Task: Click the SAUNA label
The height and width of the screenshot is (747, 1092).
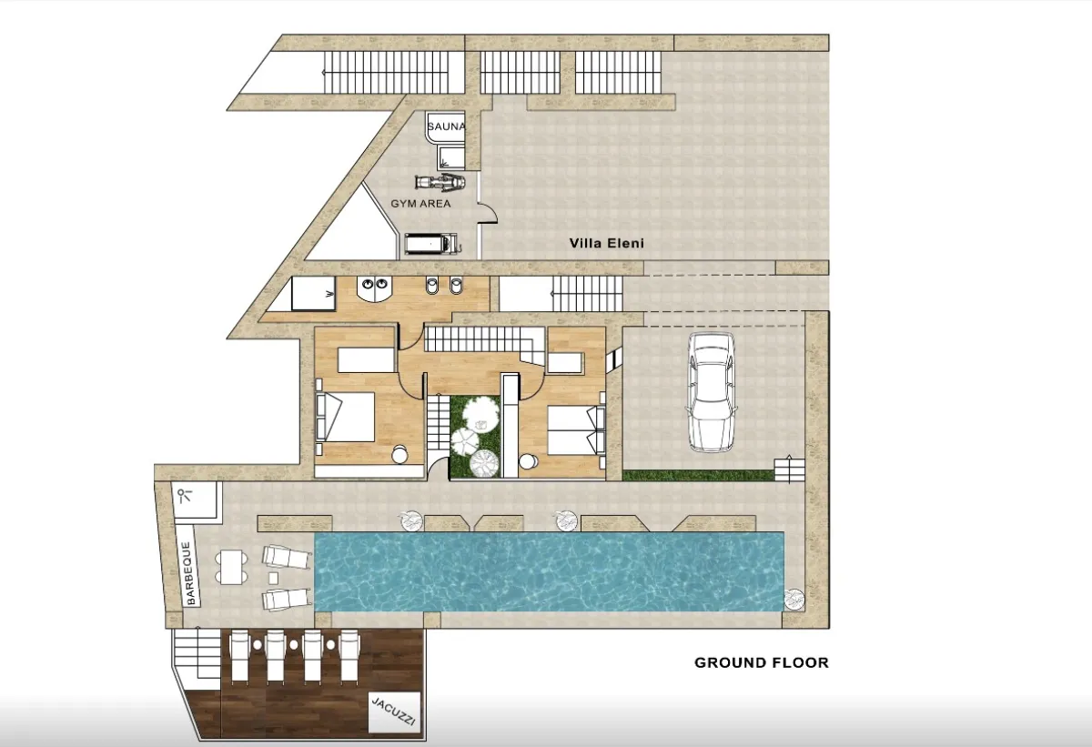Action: coord(446,126)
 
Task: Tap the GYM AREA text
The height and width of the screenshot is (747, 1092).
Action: coord(420,204)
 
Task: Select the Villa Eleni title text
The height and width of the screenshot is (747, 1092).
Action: coord(606,243)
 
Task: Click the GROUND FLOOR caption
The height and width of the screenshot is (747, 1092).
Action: coord(762,662)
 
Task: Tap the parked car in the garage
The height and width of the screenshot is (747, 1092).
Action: coord(711,392)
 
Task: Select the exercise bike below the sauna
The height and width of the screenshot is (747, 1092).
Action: coord(440,182)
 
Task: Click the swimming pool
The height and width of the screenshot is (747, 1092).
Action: coord(549,571)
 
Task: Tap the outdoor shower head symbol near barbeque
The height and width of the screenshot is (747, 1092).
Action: coord(184,496)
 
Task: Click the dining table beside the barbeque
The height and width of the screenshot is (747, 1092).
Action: coord(231,567)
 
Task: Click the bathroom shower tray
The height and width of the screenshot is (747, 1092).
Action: coord(313,293)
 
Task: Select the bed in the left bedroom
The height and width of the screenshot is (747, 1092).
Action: coord(345,417)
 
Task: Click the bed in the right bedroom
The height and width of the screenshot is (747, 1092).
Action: coord(576,431)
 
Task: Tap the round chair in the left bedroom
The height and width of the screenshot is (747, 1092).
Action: coord(399,455)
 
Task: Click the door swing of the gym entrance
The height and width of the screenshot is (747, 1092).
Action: coord(488,214)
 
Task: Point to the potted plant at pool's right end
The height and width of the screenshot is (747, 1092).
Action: coord(794,599)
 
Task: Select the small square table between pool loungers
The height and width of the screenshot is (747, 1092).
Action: coord(274,578)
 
